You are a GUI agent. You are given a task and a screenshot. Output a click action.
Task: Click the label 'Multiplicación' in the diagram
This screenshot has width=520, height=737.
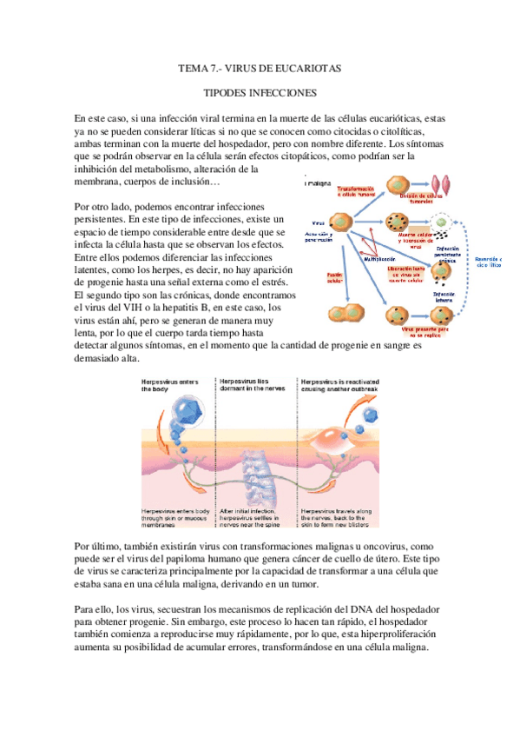(381, 258)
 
